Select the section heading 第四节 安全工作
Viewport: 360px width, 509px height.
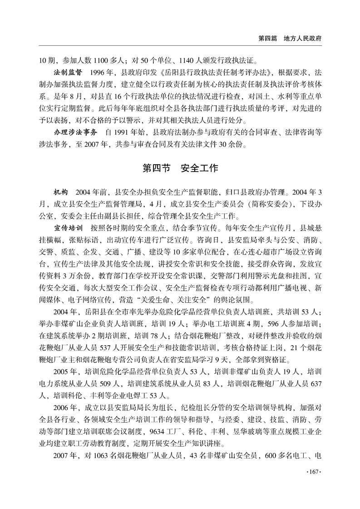[180, 168]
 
